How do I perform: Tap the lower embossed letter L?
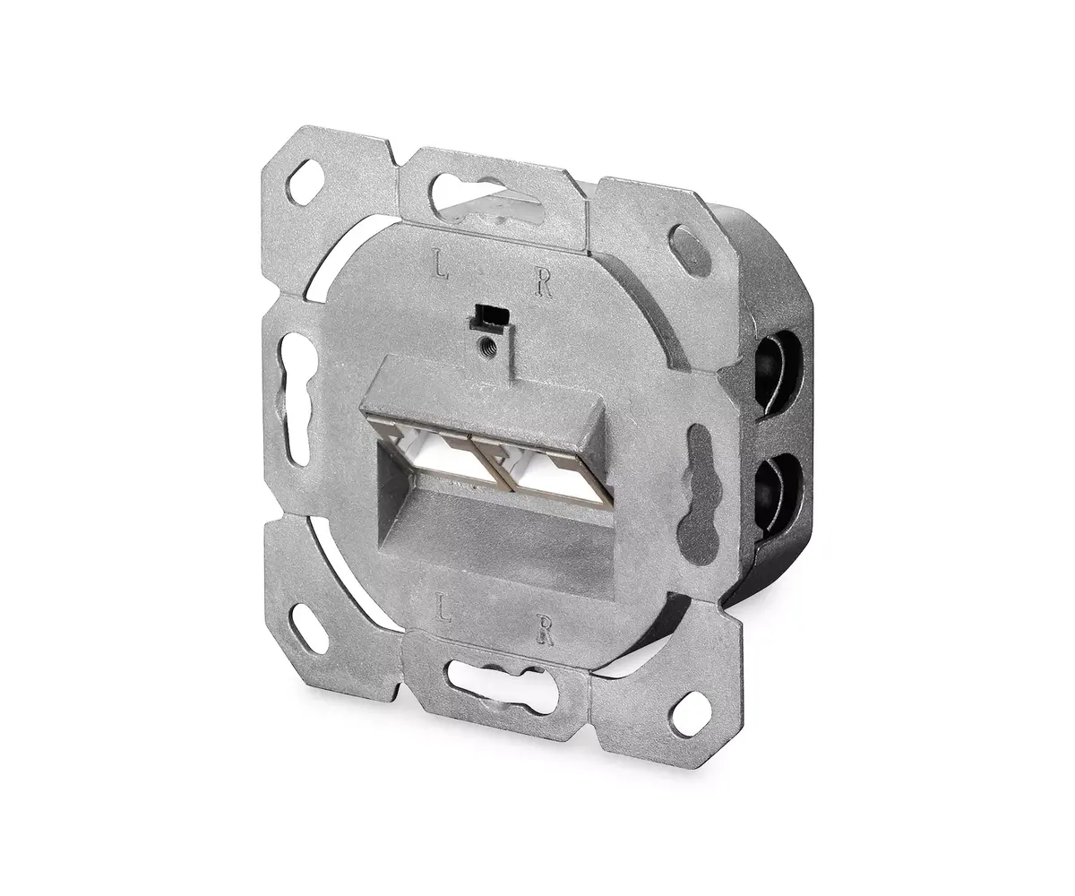(x=443, y=608)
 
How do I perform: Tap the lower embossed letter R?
(x=545, y=630)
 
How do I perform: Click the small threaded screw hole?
(x=486, y=342)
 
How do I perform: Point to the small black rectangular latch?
(x=491, y=316)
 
